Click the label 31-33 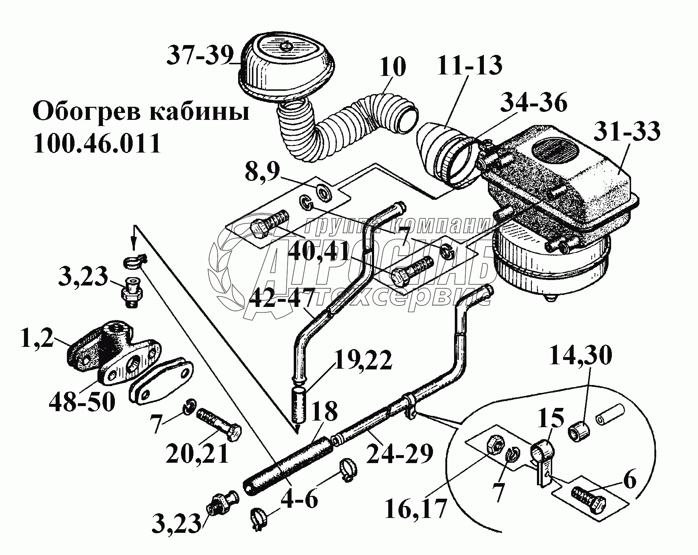coord(627,131)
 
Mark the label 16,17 coord(415,509)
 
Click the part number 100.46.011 coord(97,143)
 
